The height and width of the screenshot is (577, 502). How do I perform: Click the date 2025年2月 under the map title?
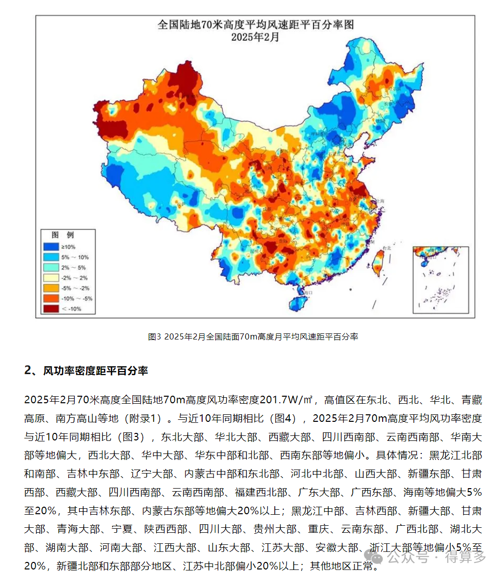pos(256,37)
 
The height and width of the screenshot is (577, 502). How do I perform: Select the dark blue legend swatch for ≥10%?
pos(51,247)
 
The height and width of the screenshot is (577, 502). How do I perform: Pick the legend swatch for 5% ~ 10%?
pos(51,257)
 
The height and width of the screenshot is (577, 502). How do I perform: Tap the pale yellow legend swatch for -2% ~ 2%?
pos(51,278)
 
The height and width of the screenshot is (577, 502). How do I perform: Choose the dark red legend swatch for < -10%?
pos(51,309)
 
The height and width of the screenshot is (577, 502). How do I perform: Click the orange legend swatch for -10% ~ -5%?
pos(51,298)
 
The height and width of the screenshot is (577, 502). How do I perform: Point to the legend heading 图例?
pos(63,235)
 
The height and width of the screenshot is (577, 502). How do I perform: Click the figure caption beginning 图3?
pos(253,337)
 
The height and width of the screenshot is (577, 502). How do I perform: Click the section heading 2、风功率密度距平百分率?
pos(86,371)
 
